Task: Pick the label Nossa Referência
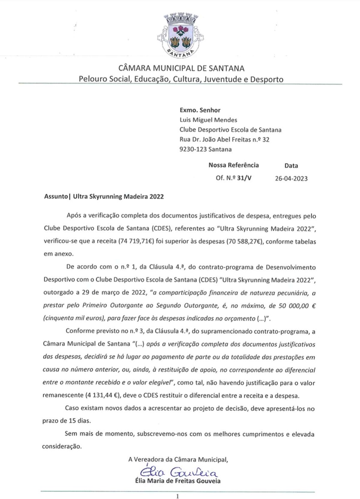pos(233,165)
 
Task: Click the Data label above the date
pos(291,166)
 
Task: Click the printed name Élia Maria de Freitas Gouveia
pos(180,481)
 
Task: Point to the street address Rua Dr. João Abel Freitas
pos(225,139)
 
